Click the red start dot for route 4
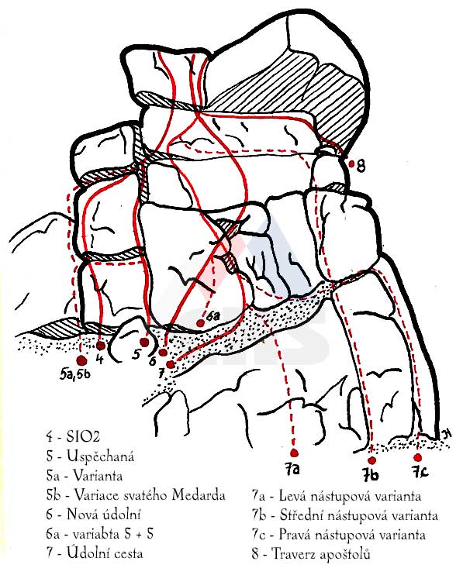101,346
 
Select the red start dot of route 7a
294,453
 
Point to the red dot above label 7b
372,460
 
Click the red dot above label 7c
417,457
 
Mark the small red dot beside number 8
351,164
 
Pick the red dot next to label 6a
200,323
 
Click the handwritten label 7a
292,469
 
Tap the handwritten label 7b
371,475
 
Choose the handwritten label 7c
420,472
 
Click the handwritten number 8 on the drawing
361,166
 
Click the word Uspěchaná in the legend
101,456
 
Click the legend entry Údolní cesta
105,553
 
